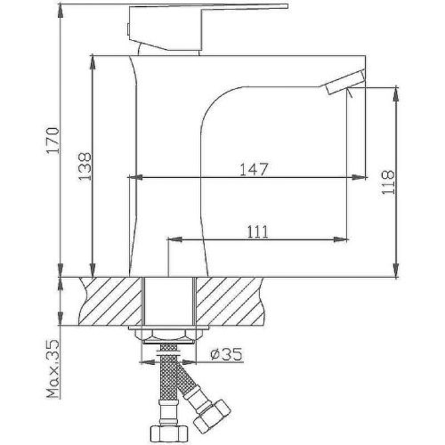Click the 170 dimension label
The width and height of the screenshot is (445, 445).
(x=53, y=141)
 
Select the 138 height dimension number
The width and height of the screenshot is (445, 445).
(x=85, y=166)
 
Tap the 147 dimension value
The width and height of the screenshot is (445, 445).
(x=254, y=169)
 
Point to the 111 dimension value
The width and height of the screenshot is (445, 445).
(x=257, y=231)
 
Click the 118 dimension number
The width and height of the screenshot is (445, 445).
(x=388, y=182)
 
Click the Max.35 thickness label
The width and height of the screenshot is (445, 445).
(x=53, y=369)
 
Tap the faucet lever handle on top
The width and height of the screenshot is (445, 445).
(x=206, y=28)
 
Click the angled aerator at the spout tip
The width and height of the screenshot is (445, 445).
(x=344, y=82)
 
